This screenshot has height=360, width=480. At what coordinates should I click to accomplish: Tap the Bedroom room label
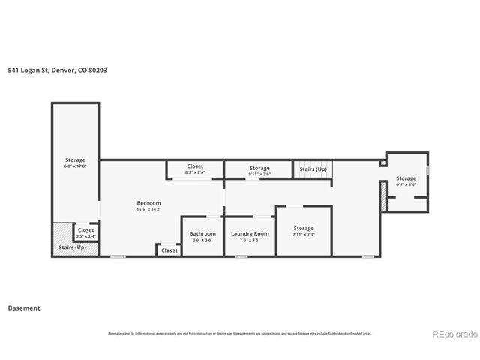click(148, 203)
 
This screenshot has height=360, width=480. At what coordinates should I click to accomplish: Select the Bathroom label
click(202, 233)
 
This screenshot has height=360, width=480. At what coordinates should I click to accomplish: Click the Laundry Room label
click(250, 233)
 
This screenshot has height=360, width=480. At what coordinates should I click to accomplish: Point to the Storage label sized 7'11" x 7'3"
click(304, 228)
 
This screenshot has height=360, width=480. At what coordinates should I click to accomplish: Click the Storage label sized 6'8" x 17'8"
click(75, 160)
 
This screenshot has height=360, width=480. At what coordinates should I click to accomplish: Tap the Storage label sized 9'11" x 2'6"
click(259, 168)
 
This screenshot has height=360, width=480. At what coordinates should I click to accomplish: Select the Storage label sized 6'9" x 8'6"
click(406, 178)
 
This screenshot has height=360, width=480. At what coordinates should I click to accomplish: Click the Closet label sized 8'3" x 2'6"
click(195, 166)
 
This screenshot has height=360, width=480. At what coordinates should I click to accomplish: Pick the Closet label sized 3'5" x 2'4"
click(86, 230)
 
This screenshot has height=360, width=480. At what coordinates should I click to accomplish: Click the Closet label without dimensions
click(169, 250)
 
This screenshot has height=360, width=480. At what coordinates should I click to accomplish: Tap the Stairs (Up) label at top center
click(313, 169)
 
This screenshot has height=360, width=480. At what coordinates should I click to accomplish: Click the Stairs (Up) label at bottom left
click(73, 247)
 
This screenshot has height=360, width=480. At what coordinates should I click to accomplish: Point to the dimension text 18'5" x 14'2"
click(148, 210)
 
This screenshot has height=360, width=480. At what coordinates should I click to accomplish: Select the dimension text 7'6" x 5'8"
click(250, 240)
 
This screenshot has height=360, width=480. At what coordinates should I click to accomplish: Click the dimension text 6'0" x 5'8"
click(202, 240)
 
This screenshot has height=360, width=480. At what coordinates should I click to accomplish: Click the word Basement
click(24, 307)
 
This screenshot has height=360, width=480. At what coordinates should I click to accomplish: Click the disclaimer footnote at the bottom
click(240, 333)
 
